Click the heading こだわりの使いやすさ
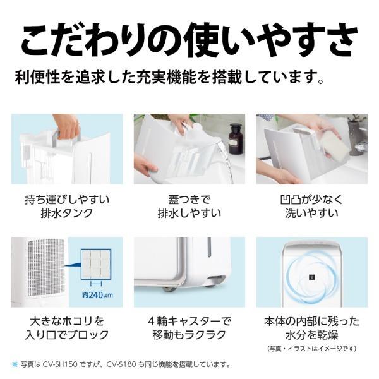click(189, 39)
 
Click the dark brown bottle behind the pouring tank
click(235, 138)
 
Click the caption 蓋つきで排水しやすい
click(189, 206)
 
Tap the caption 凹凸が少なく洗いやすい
click(311, 206)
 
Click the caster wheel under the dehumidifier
click(169, 289)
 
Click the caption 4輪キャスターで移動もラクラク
click(189, 328)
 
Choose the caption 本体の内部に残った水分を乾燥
click(311, 328)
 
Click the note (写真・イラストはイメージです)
click(311, 348)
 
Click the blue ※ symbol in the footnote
click(15, 365)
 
